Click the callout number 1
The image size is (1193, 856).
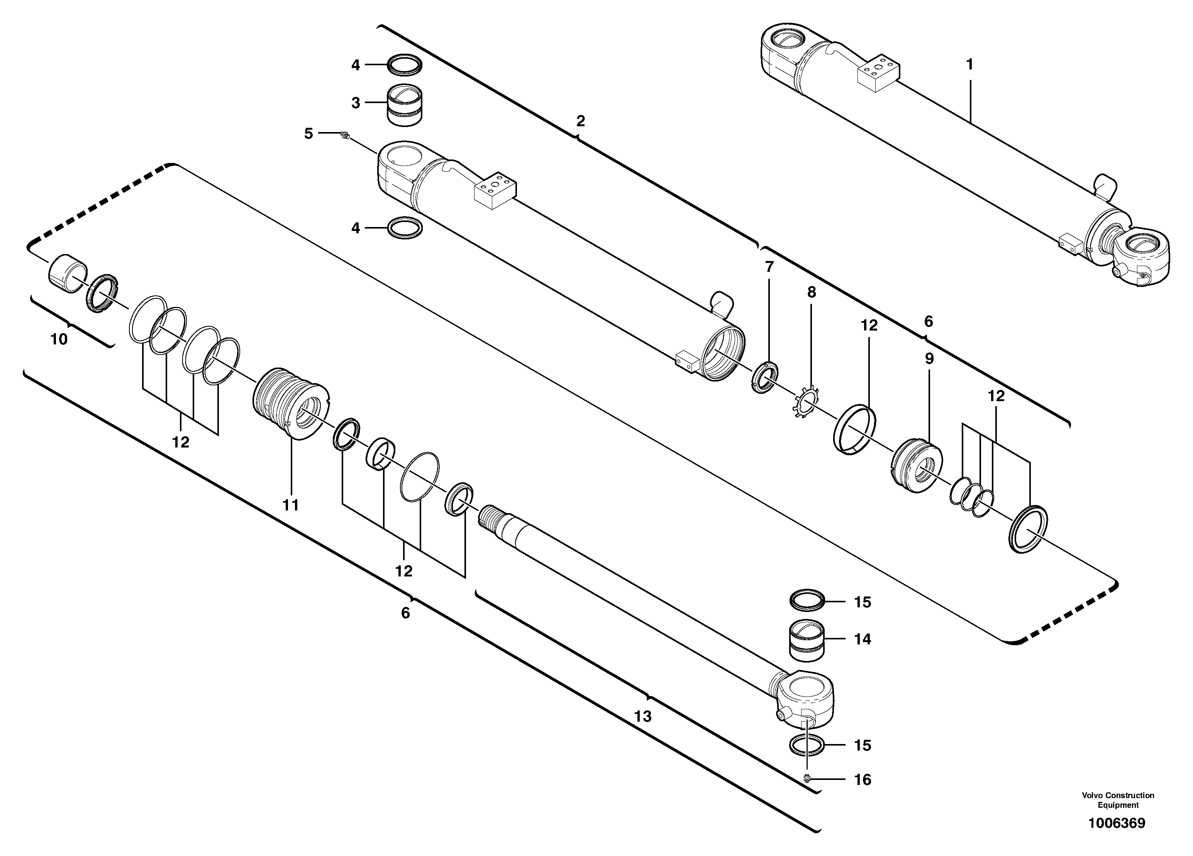(x=969, y=65)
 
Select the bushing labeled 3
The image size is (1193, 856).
(x=405, y=105)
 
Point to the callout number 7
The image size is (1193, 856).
(x=769, y=267)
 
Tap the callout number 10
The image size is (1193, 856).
(x=59, y=340)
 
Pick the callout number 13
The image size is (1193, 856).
(x=643, y=717)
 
